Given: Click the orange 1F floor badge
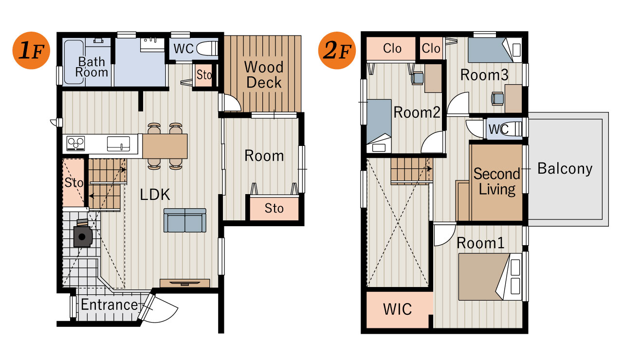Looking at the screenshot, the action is (31, 50).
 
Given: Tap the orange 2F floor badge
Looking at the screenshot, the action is (337, 50).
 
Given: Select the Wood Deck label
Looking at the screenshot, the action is (264, 75).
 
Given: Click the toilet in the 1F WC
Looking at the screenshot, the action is (207, 48).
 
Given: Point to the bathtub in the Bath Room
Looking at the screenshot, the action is (74, 62).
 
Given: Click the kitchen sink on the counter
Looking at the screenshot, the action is (118, 144).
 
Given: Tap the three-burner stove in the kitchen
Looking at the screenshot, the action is (75, 144).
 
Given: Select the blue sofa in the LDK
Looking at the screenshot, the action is (185, 220).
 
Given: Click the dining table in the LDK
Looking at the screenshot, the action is (165, 146).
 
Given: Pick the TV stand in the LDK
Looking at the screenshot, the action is (184, 283).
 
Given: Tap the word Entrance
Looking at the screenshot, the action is (110, 305).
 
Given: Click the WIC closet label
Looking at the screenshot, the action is (397, 309).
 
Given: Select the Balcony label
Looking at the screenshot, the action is (565, 168).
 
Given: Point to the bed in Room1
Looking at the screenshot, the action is (490, 277).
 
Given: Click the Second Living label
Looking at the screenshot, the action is (497, 181).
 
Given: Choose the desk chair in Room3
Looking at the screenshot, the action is (497, 98).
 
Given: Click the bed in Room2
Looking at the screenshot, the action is (379, 126).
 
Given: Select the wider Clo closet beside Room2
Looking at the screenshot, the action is (391, 48).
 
